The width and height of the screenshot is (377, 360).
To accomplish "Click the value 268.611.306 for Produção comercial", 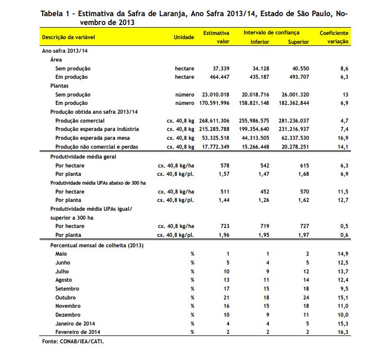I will click(x=215, y=121).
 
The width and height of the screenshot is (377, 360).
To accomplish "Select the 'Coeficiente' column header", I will click(x=334, y=33).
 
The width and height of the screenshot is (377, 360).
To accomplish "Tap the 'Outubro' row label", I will click(x=66, y=297).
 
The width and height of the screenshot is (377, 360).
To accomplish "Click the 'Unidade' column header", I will click(x=184, y=37).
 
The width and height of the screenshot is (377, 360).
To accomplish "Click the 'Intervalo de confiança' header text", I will click(x=271, y=33).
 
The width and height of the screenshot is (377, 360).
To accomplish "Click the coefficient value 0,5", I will click(x=344, y=226).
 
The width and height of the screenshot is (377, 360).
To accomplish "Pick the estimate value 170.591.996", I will click(x=215, y=103).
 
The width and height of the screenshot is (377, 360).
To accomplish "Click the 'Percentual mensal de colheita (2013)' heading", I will click(x=96, y=245).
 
